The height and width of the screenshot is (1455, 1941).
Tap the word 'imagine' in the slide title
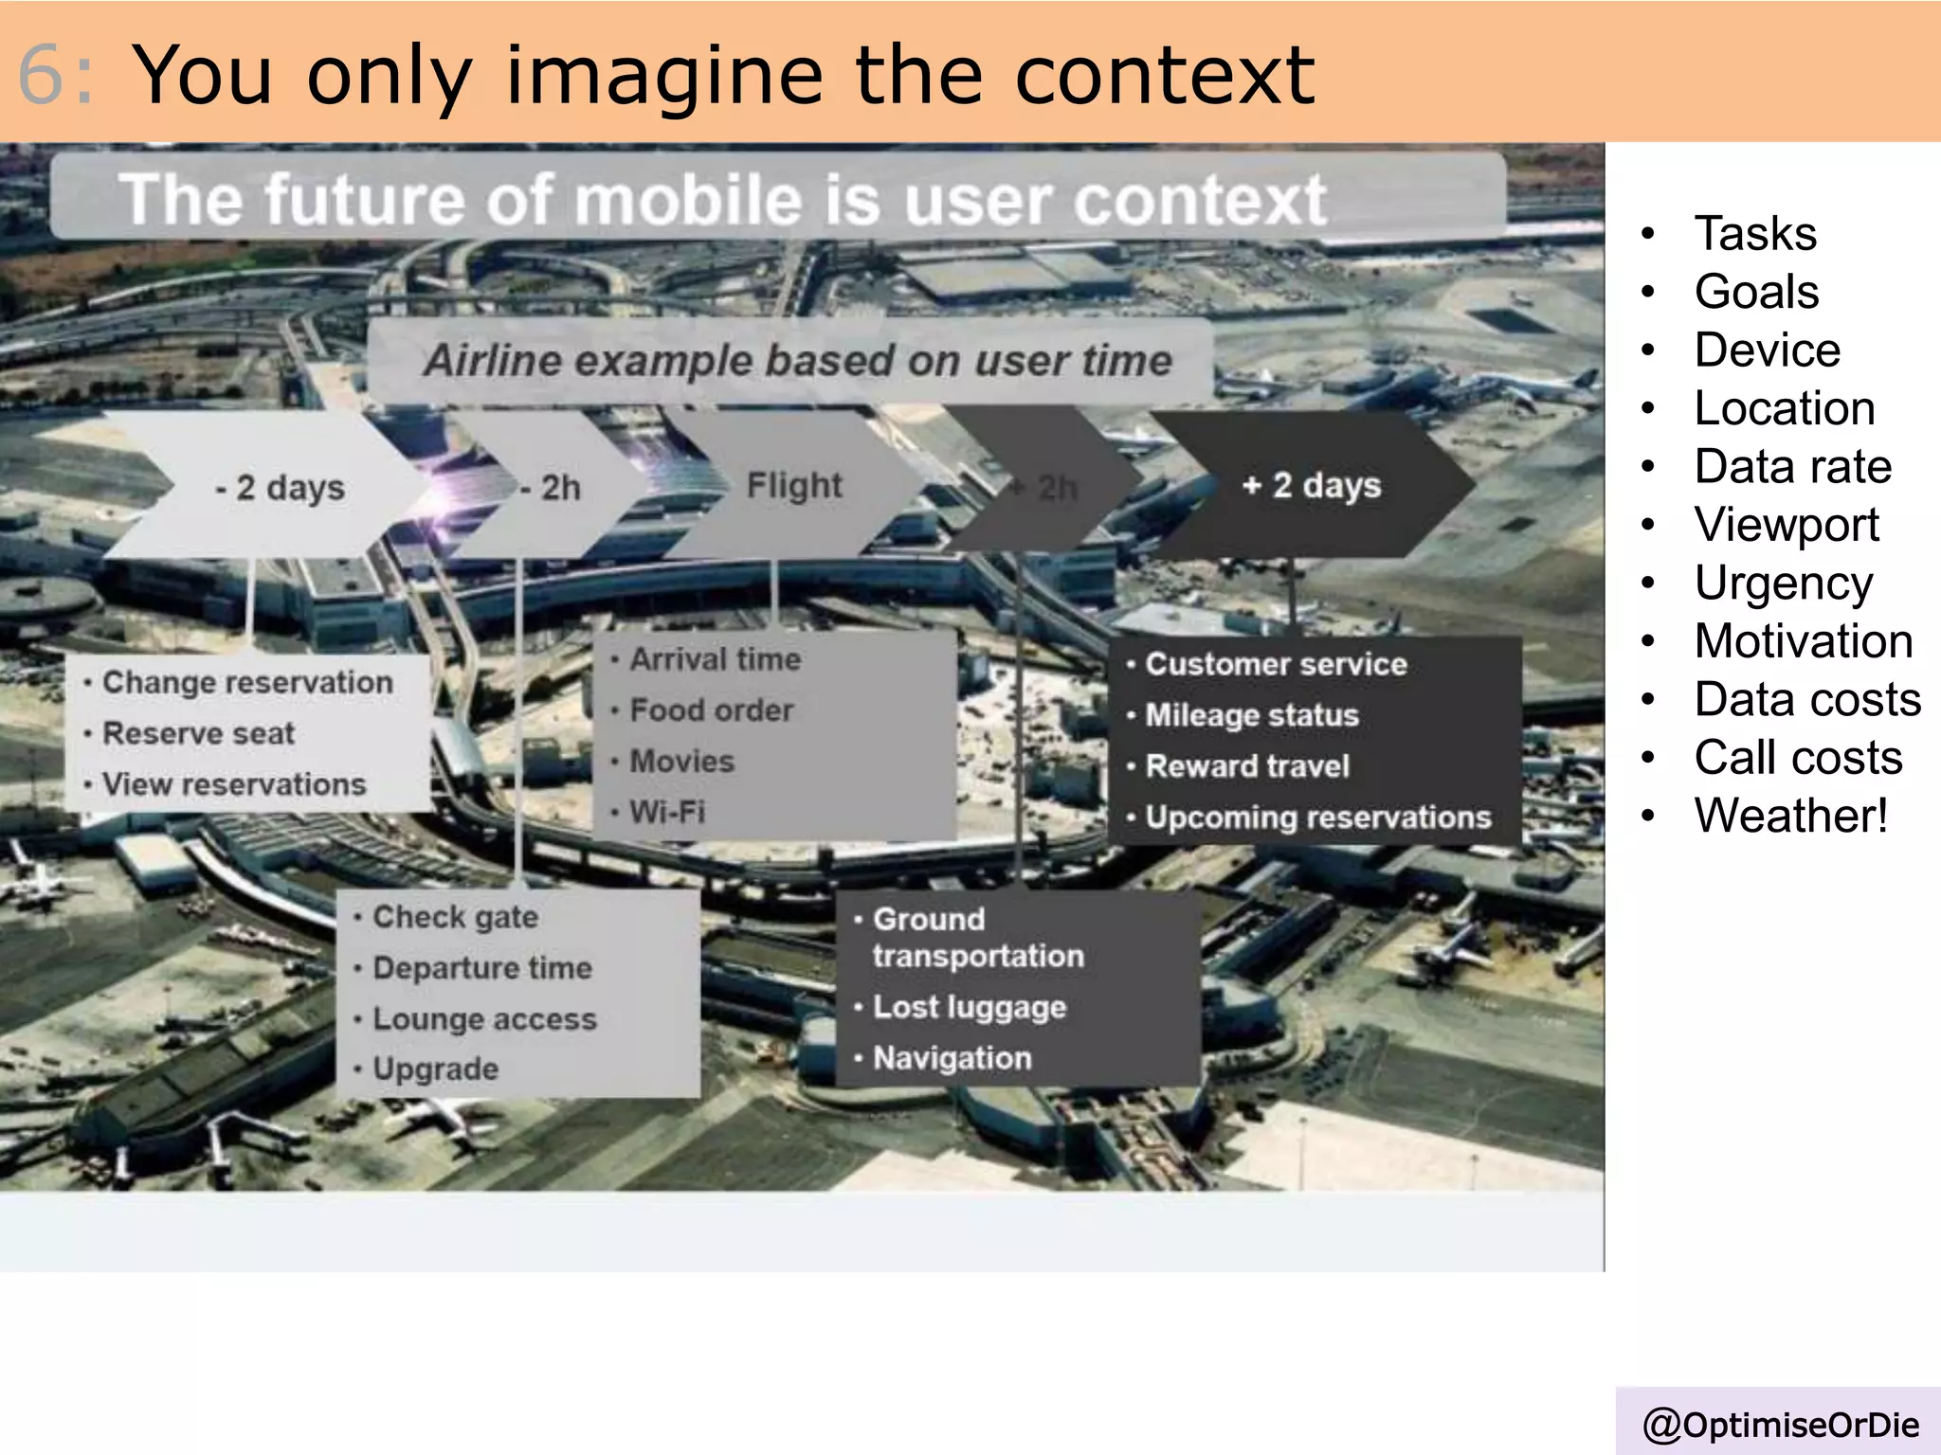[x=664, y=76]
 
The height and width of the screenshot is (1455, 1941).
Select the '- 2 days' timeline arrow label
[x=281, y=488]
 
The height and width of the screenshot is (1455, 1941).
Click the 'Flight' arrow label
[x=793, y=485]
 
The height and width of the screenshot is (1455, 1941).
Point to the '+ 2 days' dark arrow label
[x=1312, y=485]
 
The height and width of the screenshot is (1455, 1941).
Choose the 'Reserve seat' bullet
[x=198, y=733]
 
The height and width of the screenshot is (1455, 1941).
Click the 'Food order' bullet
[x=712, y=710]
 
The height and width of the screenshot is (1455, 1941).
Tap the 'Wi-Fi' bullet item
[x=667, y=812]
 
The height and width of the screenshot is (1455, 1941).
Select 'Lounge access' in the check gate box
[x=484, y=1019]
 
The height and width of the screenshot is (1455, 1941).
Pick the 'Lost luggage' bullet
[x=970, y=1008]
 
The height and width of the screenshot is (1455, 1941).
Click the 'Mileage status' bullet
[x=1252, y=715]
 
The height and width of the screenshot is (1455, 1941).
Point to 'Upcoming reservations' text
[x=1318, y=817]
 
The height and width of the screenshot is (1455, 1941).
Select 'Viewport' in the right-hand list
[x=1787, y=525]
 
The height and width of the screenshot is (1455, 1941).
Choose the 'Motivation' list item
[x=1804, y=641]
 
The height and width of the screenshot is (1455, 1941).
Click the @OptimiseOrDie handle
[x=1781, y=1425]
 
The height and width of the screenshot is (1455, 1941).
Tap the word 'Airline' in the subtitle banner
[x=492, y=361]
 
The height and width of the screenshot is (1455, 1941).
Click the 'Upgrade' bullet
[x=435, y=1069]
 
